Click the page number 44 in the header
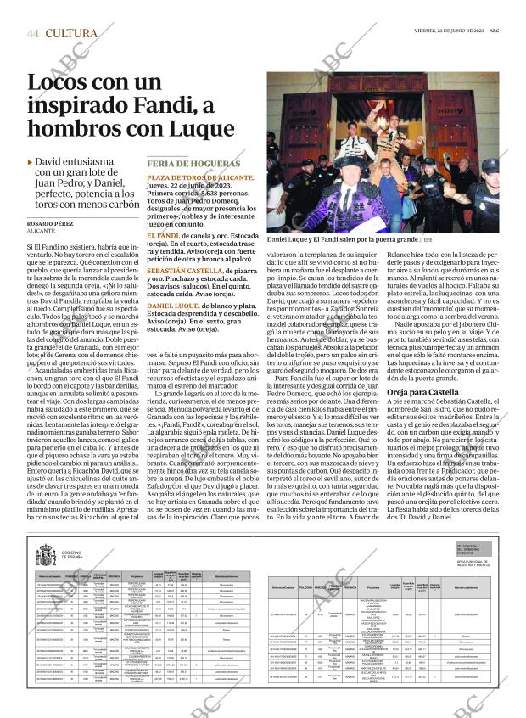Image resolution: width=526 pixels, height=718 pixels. click(33, 33)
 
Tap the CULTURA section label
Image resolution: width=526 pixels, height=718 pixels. click(71, 33)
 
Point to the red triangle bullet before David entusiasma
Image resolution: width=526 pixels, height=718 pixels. click(31, 161)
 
